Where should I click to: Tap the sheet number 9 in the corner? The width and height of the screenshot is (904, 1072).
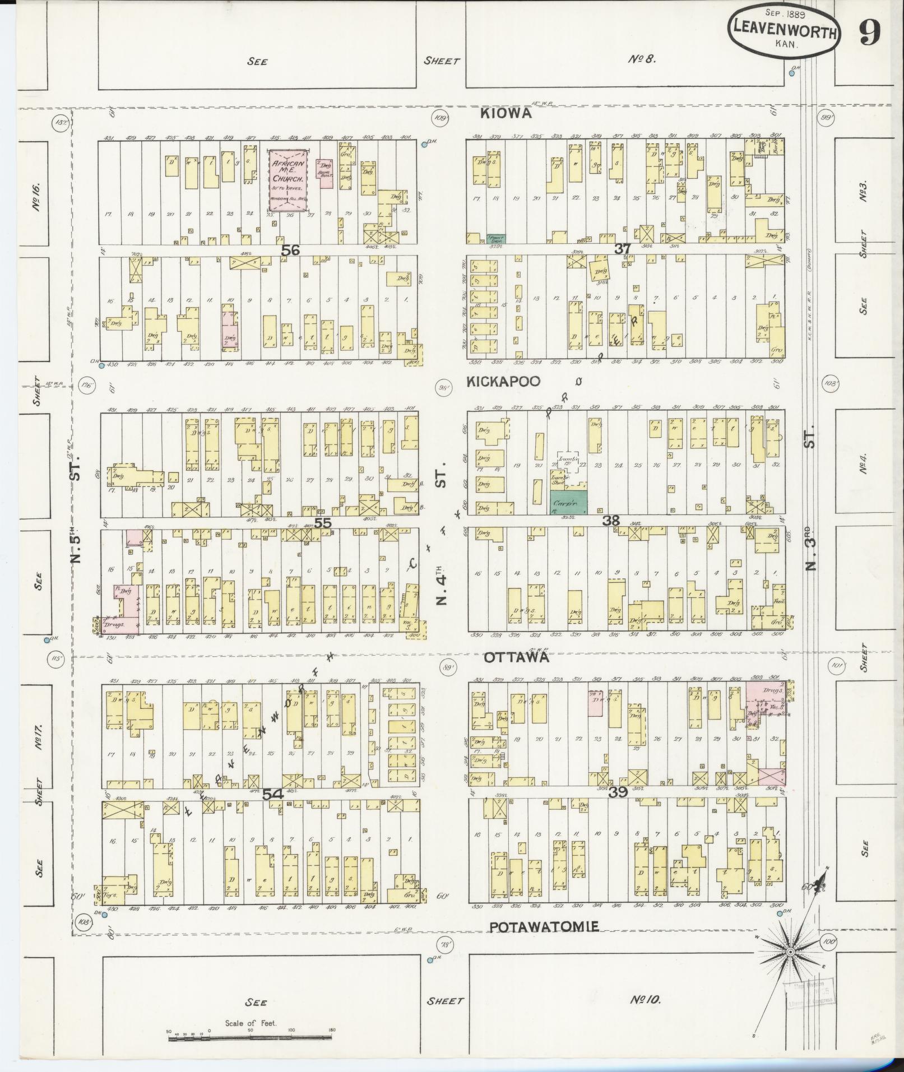tap(869, 35)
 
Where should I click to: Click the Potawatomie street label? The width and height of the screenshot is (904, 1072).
tap(544, 927)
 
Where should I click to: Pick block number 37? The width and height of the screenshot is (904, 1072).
tap(623, 249)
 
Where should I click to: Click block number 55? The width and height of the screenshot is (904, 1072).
tap(323, 523)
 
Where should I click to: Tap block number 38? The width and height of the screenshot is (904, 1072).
tap(611, 521)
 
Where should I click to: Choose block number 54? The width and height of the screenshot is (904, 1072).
tap(272, 794)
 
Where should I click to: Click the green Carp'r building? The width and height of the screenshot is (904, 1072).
tap(568, 502)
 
